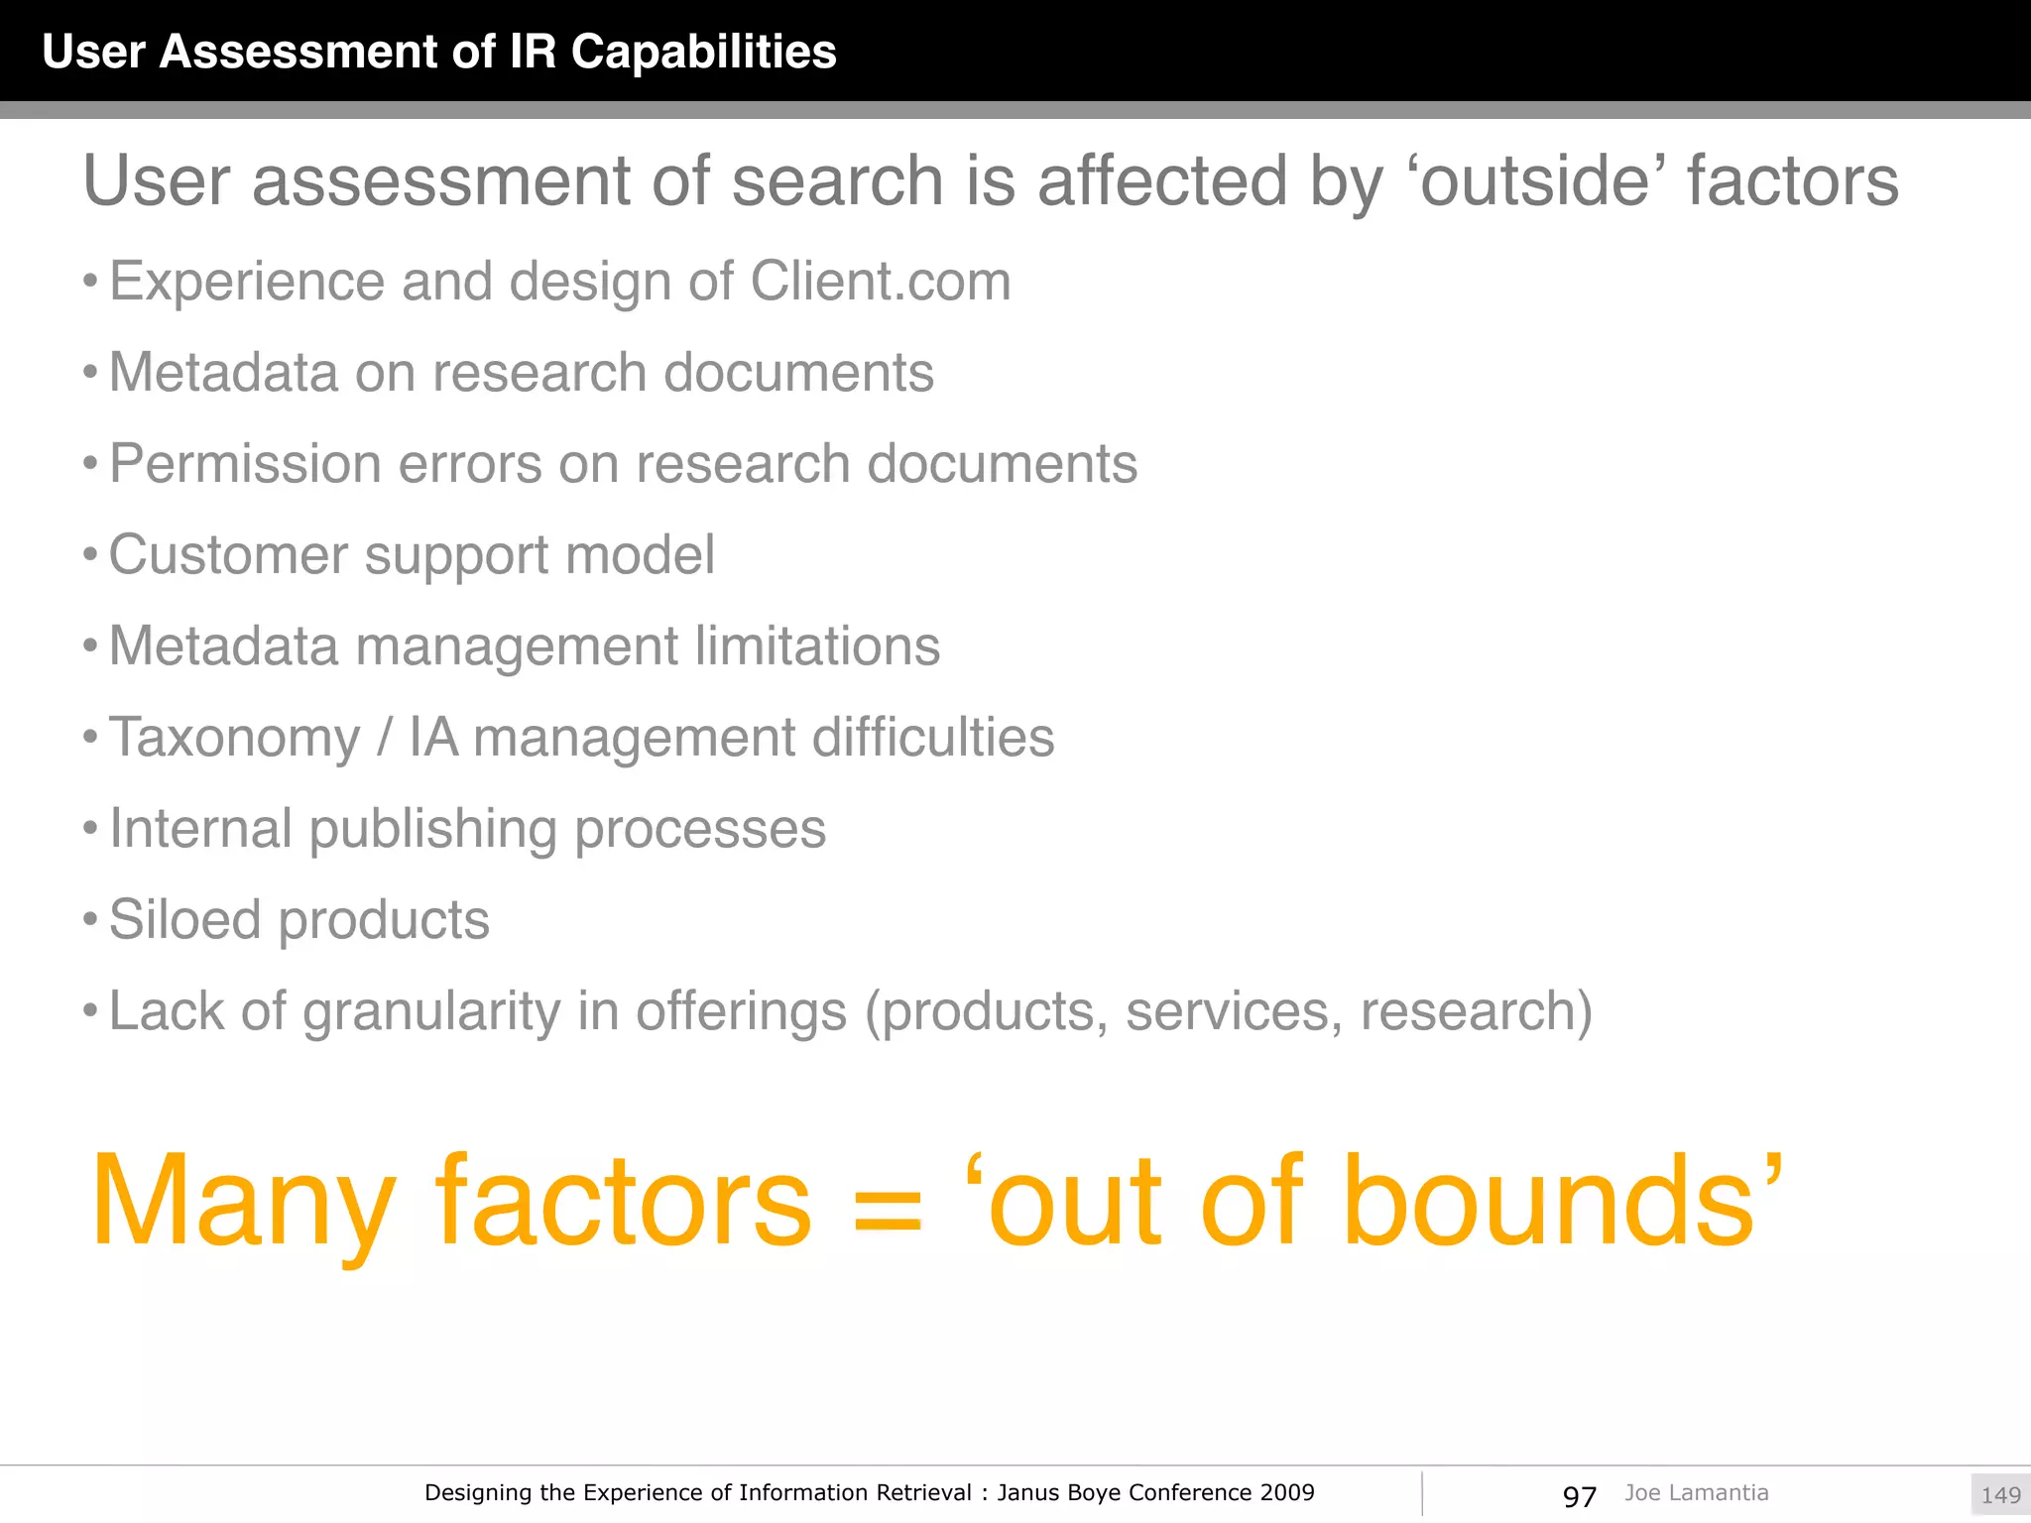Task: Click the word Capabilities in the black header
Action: click(703, 52)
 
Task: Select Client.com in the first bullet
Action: click(881, 282)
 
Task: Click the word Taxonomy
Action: click(234, 739)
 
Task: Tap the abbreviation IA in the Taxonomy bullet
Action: click(433, 738)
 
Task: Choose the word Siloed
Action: click(184, 920)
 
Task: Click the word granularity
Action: click(431, 1012)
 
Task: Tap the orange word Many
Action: click(243, 1202)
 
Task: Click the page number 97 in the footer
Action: click(1579, 1496)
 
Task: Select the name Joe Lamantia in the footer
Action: click(1696, 1493)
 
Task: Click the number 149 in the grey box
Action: click(2000, 1495)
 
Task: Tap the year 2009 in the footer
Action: click(1287, 1493)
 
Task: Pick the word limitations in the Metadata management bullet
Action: click(816, 646)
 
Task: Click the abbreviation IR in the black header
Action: click(533, 52)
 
